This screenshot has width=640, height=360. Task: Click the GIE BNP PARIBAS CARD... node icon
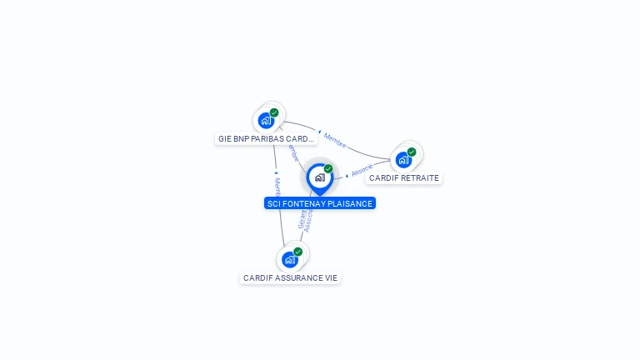[266, 120]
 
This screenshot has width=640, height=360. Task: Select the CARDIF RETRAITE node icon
[403, 159]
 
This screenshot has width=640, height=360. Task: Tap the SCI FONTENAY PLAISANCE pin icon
[319, 177]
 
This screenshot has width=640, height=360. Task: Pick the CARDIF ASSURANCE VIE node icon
[290, 259]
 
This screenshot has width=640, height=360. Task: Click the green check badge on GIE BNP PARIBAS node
[274, 112]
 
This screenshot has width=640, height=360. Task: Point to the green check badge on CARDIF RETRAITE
[412, 152]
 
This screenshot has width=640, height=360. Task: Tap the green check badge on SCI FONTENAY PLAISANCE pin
[328, 168]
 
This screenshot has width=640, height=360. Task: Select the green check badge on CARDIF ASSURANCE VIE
[297, 252]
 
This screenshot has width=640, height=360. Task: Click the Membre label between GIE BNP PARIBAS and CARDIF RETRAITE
[334, 139]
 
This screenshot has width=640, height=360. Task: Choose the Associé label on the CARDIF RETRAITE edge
[362, 170]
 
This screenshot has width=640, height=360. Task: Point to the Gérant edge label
[302, 217]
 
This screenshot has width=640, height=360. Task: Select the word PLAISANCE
[350, 203]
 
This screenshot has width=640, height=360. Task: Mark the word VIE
[330, 278]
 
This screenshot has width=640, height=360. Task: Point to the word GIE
[224, 139]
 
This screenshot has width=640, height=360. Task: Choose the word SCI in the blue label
[274, 203]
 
